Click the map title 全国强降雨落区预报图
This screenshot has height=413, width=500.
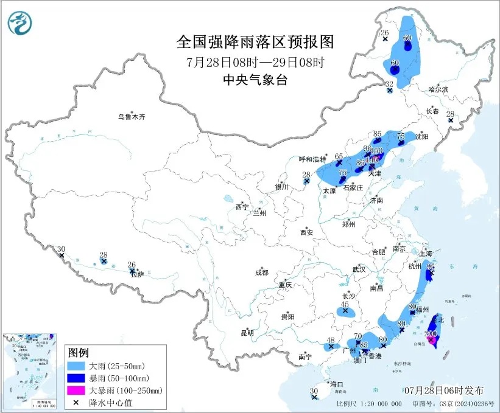pos(255,42)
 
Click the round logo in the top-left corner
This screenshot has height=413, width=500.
pos(19,24)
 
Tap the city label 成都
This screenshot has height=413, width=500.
pos(262,272)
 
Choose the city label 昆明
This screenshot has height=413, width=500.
pos(247,332)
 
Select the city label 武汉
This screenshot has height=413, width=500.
pos(359,269)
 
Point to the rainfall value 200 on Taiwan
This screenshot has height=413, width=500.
pos(430,333)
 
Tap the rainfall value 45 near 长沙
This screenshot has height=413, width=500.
pos(345,304)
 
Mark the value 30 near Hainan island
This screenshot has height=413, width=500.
pos(314,391)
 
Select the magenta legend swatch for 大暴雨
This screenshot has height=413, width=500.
pos(77,390)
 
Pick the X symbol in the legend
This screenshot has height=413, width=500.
pos(77,401)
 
